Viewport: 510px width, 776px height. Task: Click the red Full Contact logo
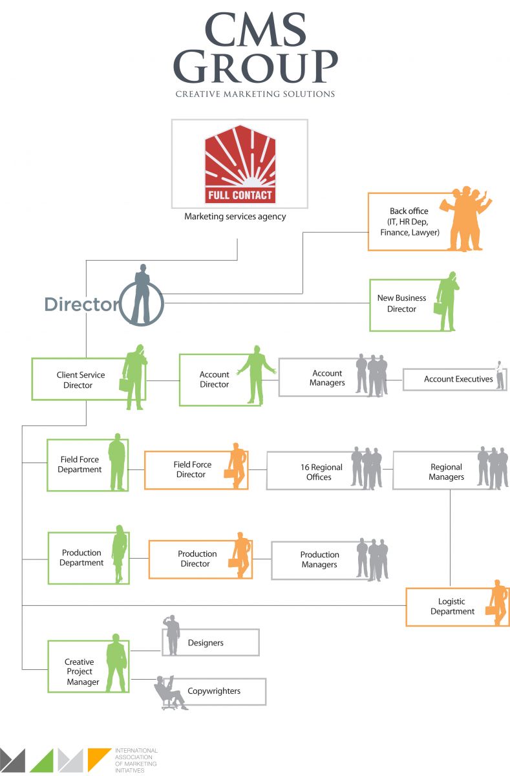[x=239, y=165]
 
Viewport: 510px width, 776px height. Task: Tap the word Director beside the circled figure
[x=81, y=305]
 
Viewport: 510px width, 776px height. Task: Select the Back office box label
[x=409, y=222]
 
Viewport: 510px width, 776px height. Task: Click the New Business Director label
[x=401, y=303]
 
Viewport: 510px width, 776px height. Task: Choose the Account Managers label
[x=327, y=378]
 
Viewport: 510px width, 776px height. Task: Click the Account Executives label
[x=458, y=379]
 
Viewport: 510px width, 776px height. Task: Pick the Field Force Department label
[x=80, y=464]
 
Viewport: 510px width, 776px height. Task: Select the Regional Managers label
[x=446, y=472]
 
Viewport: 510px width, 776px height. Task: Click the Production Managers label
[x=319, y=559]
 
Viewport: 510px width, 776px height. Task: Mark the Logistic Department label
[x=452, y=607]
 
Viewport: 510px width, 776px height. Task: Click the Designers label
[x=206, y=643]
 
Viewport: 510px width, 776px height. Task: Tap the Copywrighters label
[x=214, y=691]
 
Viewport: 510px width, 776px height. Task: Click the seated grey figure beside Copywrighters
[x=168, y=693]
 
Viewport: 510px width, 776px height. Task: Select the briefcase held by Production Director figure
[x=234, y=563]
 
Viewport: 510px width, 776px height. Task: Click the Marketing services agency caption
[x=235, y=217]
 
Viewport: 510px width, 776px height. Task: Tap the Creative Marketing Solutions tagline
[x=255, y=94]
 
